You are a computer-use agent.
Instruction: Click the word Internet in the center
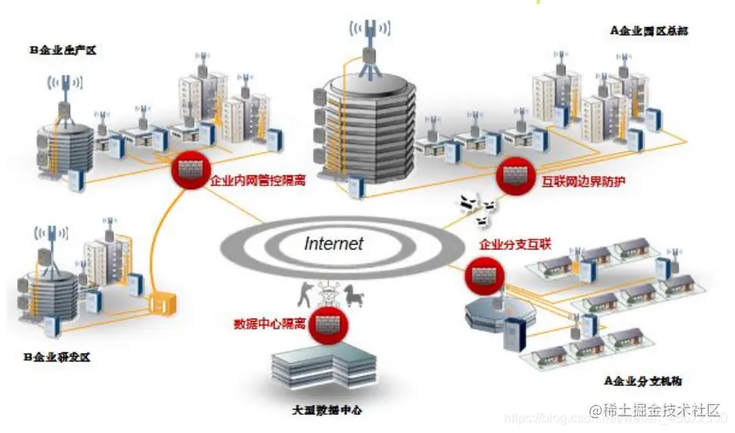point(334,243)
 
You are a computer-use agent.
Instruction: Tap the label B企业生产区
point(63,50)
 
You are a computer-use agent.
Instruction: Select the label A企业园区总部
point(649,31)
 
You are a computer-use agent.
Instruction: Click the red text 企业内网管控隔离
point(258,180)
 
